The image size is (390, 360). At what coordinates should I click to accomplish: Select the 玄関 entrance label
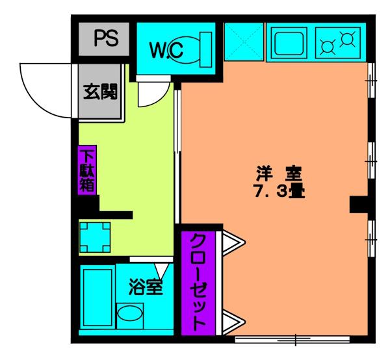(99, 93)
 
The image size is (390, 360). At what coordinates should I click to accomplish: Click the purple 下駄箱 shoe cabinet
(86, 170)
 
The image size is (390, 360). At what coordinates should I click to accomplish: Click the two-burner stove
(338, 44)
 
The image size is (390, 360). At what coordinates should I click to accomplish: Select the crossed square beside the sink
(244, 44)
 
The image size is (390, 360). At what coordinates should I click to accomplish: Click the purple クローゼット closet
(198, 282)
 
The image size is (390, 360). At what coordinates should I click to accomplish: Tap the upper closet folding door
(233, 243)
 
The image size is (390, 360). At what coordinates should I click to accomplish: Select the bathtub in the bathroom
(96, 300)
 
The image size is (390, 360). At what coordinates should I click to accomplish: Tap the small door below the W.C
(149, 92)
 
